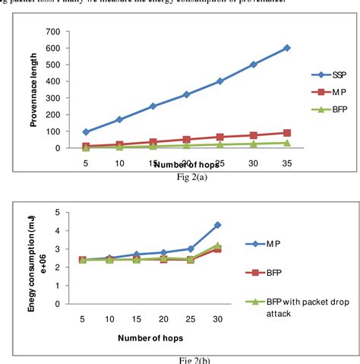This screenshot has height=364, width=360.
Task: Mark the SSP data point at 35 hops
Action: (x=287, y=48)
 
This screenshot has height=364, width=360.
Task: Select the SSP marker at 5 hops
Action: (x=86, y=132)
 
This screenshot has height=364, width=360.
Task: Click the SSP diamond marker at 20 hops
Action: (x=187, y=94)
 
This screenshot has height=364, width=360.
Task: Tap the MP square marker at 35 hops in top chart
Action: (x=287, y=133)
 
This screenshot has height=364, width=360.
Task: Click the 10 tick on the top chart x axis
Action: (x=119, y=162)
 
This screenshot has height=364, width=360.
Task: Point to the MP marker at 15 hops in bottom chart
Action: (x=137, y=255)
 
